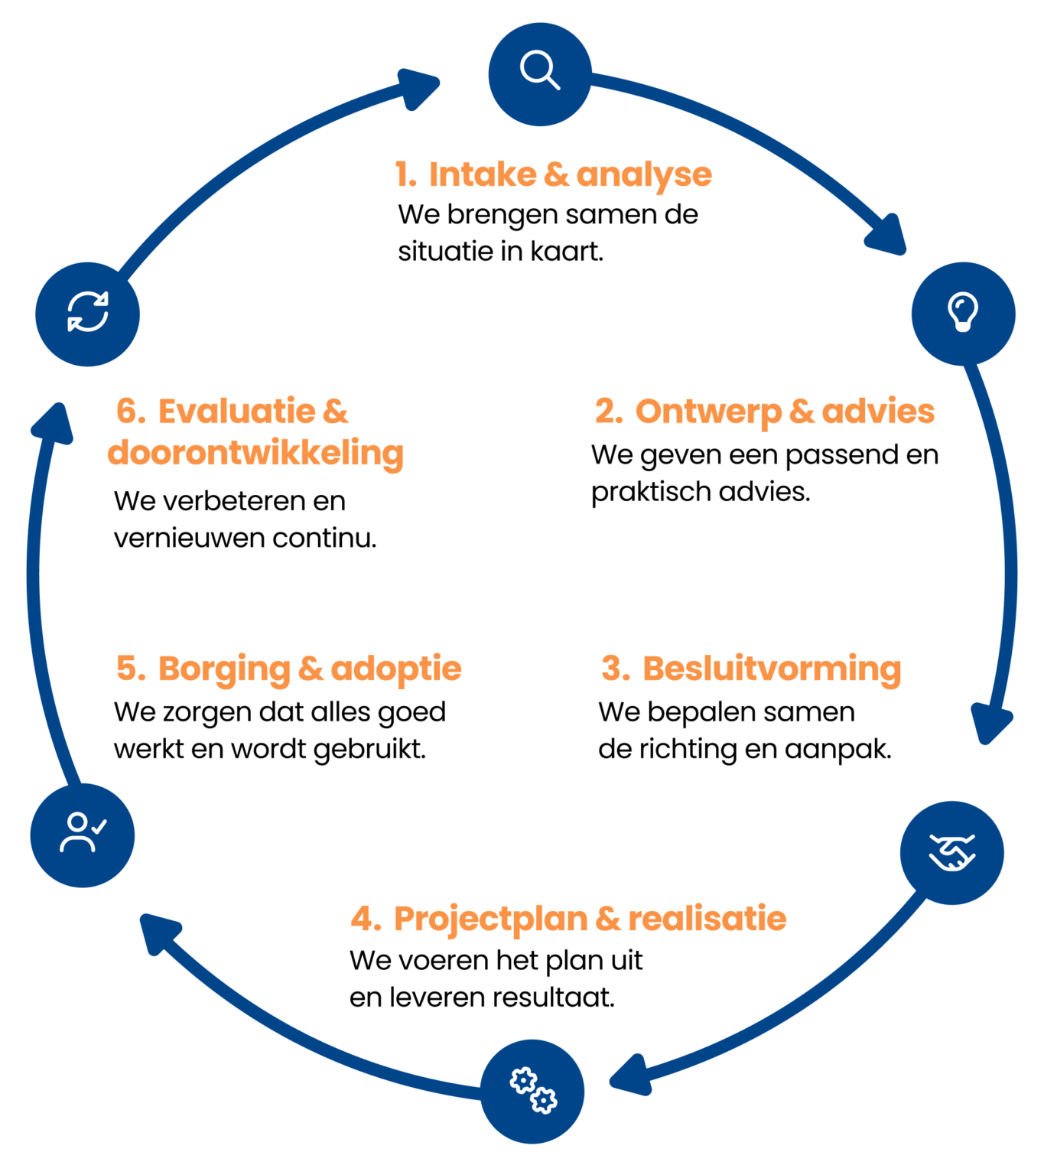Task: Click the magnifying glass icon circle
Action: pos(540,74)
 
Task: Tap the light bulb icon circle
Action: pos(963,314)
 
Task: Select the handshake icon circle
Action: pos(951,852)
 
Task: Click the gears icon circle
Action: pos(532,1091)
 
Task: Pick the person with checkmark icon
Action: pos(83,835)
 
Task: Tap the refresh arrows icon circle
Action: pos(87,314)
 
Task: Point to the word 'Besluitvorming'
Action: pos(771,669)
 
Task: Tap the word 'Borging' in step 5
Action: pos(224,669)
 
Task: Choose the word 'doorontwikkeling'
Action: pos(255,453)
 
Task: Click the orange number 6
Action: pos(130,412)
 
